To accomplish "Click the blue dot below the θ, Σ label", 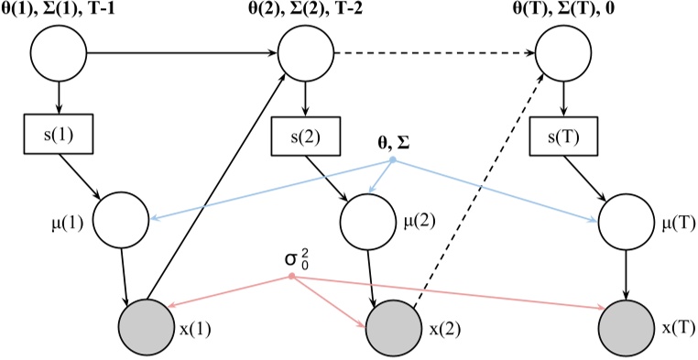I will click(393, 161).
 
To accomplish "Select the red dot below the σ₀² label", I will click(291, 277).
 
